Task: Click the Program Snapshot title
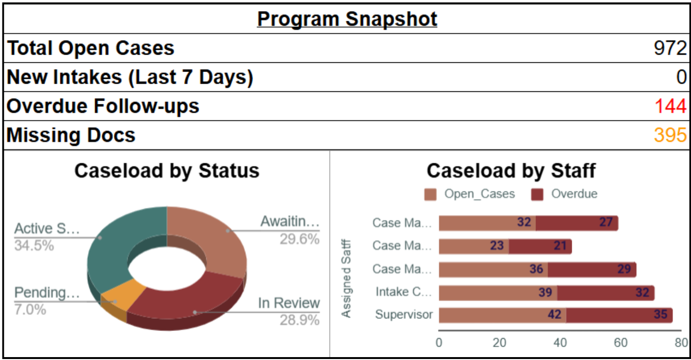click(347, 19)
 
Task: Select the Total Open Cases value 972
click(670, 48)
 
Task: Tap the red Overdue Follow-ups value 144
click(670, 106)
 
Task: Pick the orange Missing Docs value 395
click(670, 135)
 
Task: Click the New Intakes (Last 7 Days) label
click(130, 77)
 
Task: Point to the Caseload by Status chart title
click(167, 171)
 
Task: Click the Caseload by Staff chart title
click(511, 171)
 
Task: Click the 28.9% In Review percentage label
click(299, 320)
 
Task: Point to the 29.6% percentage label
click(299, 239)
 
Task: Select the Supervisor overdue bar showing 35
click(619, 315)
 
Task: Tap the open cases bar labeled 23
click(473, 246)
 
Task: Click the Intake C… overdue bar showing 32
click(606, 292)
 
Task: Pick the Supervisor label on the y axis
click(404, 315)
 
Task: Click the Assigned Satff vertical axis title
click(346, 279)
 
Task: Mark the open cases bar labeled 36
click(493, 269)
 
